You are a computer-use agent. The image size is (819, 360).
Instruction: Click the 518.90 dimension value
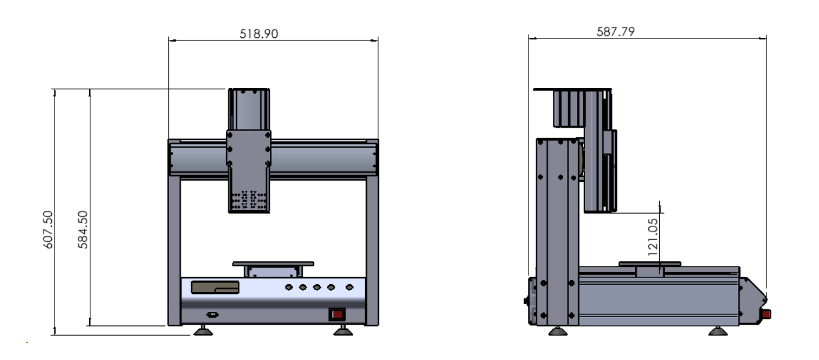pos(258,33)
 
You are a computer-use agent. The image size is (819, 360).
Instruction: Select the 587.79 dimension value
pos(615,32)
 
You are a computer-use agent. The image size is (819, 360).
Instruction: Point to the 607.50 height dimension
pos(48,230)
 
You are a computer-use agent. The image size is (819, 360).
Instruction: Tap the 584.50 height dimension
pos(83,230)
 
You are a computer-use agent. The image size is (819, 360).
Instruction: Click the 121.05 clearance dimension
pos(653,237)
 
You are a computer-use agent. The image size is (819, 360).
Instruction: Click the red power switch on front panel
pos(337,314)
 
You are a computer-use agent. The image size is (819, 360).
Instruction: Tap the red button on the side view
pos(766,314)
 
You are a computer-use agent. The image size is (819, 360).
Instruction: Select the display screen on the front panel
pos(215,287)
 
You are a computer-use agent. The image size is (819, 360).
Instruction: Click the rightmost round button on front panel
pos(350,287)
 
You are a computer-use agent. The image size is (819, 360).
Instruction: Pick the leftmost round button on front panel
pos(289,287)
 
